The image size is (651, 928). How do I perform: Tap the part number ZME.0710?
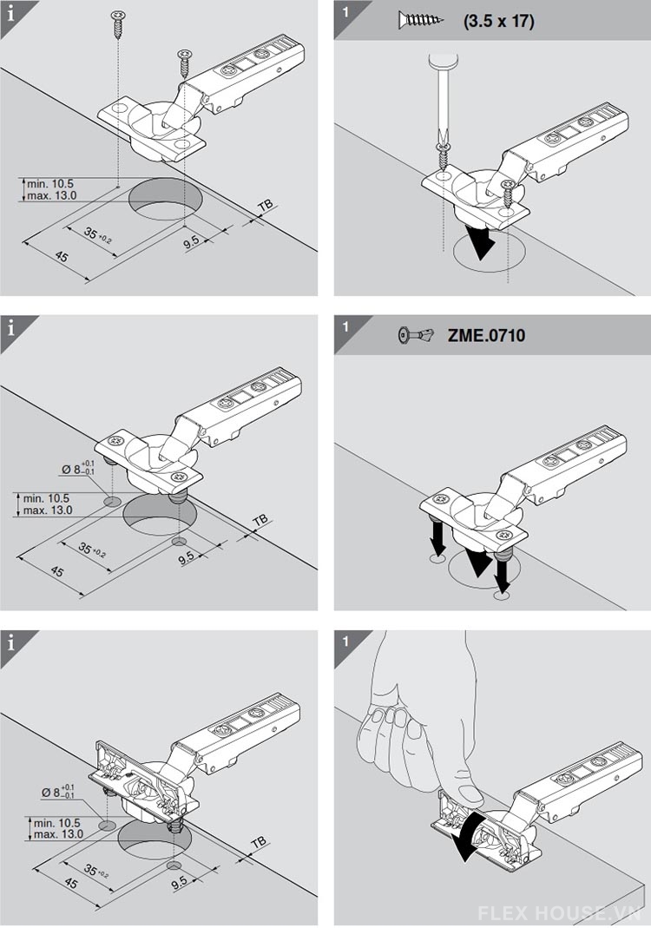(x=486, y=335)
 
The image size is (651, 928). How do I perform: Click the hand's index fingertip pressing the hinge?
(x=469, y=795)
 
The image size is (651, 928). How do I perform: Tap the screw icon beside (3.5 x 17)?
(x=420, y=19)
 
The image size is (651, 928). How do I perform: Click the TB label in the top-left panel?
(x=265, y=206)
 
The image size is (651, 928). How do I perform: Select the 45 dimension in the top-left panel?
(x=62, y=258)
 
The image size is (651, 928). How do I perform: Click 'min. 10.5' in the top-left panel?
(x=50, y=183)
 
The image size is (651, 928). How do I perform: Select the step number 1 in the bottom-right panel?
(x=345, y=644)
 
